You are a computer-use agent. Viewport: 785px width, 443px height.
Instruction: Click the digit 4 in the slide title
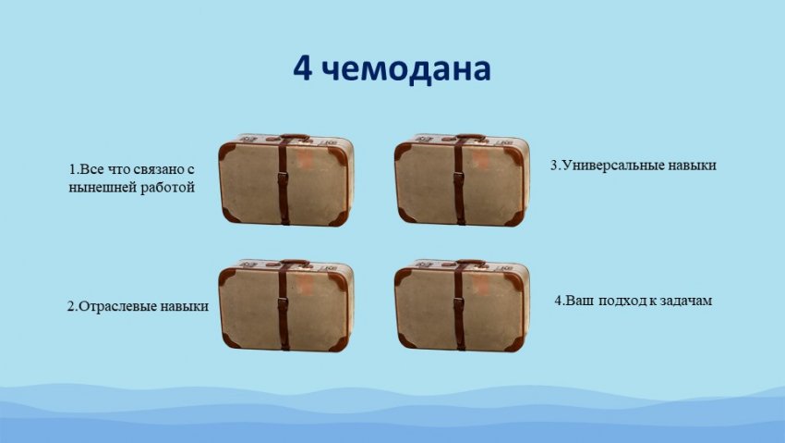pos(303,68)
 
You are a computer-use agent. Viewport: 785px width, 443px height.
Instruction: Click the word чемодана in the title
pos(406,70)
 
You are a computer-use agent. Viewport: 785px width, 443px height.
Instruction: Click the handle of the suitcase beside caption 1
pos(296,136)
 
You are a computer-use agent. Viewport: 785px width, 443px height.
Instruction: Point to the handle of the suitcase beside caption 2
pos(296,262)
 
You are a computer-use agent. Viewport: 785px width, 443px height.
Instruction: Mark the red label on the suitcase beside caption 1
pos(304,160)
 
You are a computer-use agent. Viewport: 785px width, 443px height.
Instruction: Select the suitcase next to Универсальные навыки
pos(462,179)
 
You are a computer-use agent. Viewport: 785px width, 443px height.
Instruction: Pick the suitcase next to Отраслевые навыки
pos(286,305)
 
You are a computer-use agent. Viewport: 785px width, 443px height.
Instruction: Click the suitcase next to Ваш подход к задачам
pos(462,305)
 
